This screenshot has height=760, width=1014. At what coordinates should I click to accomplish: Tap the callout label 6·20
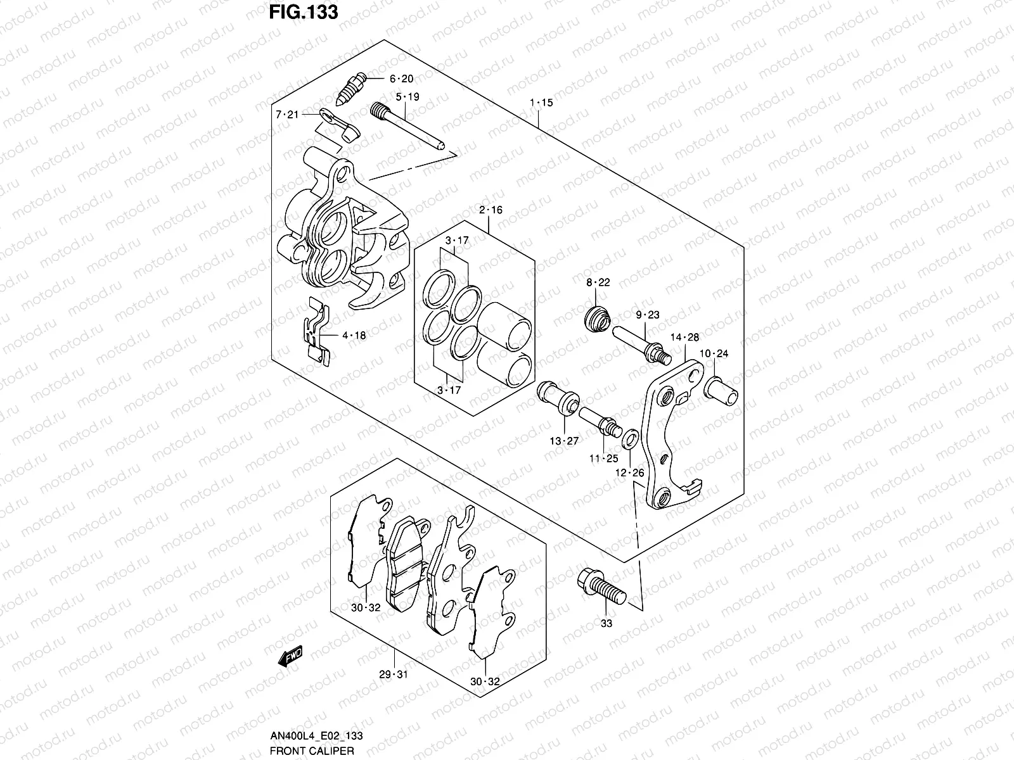point(401,79)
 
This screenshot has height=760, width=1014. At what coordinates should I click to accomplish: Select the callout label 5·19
point(408,98)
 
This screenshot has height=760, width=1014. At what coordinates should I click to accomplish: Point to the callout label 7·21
point(286,115)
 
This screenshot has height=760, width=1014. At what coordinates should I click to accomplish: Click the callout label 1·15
point(541,103)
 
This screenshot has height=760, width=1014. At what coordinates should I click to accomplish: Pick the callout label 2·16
point(491,210)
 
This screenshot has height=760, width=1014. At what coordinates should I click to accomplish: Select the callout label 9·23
point(648,315)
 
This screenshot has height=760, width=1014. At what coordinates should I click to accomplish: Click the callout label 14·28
point(684,338)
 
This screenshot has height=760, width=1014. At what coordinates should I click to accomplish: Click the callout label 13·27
point(564,441)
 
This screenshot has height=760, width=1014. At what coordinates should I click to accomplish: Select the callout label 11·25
point(603,458)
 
